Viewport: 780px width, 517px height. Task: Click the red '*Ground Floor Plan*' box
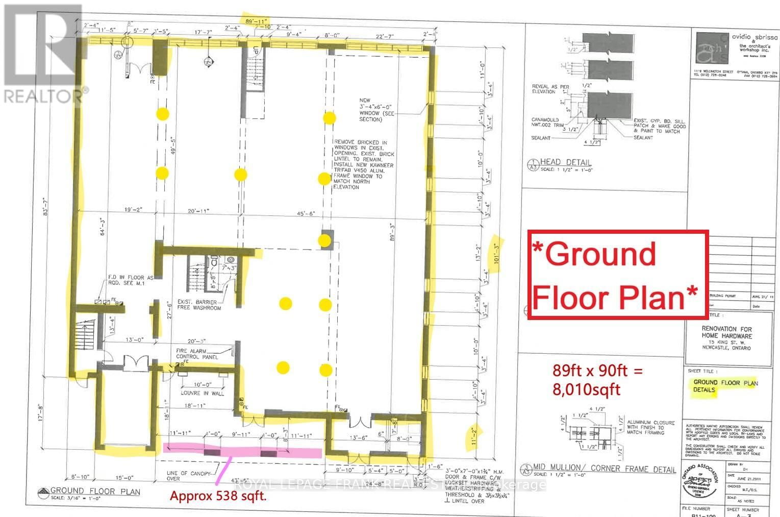[618, 276]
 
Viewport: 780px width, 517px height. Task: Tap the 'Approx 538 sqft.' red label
[218, 496]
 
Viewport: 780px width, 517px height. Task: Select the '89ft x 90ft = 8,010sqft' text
[597, 380]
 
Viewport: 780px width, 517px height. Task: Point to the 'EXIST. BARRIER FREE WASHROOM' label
[199, 305]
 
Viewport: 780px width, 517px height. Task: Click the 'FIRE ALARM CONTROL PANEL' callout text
[197, 354]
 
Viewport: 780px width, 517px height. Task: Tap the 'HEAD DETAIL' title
[566, 162]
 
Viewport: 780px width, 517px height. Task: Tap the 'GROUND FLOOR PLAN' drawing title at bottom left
[95, 491]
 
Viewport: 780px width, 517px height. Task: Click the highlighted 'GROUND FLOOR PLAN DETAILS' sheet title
[725, 386]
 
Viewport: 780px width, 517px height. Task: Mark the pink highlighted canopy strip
[242, 451]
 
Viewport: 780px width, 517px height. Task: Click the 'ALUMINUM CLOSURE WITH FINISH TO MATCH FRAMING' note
[651, 428]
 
